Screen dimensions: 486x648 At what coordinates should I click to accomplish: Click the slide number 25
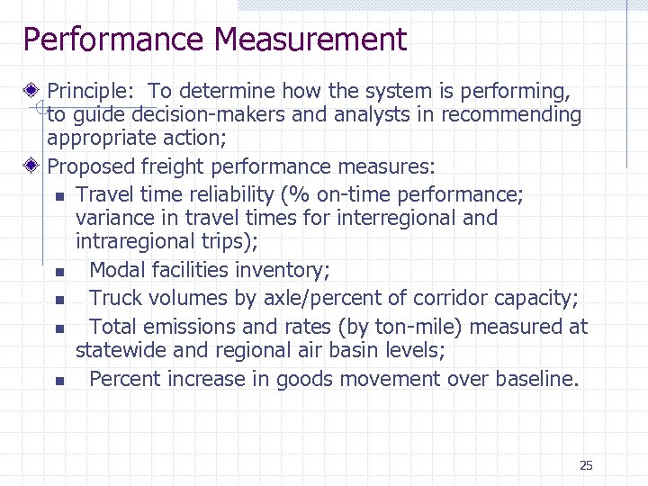click(x=586, y=465)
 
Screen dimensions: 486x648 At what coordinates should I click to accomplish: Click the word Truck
click(x=116, y=299)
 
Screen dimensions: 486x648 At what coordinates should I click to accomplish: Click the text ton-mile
click(x=421, y=327)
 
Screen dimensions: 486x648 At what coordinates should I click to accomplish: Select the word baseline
click(x=534, y=379)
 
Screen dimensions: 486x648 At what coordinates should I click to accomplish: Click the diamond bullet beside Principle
click(x=32, y=91)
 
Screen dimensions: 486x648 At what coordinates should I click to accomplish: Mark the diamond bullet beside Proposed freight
click(x=32, y=166)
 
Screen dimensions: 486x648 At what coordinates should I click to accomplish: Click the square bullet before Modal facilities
click(x=58, y=272)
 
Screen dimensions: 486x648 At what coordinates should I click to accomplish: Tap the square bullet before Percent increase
click(x=58, y=381)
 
